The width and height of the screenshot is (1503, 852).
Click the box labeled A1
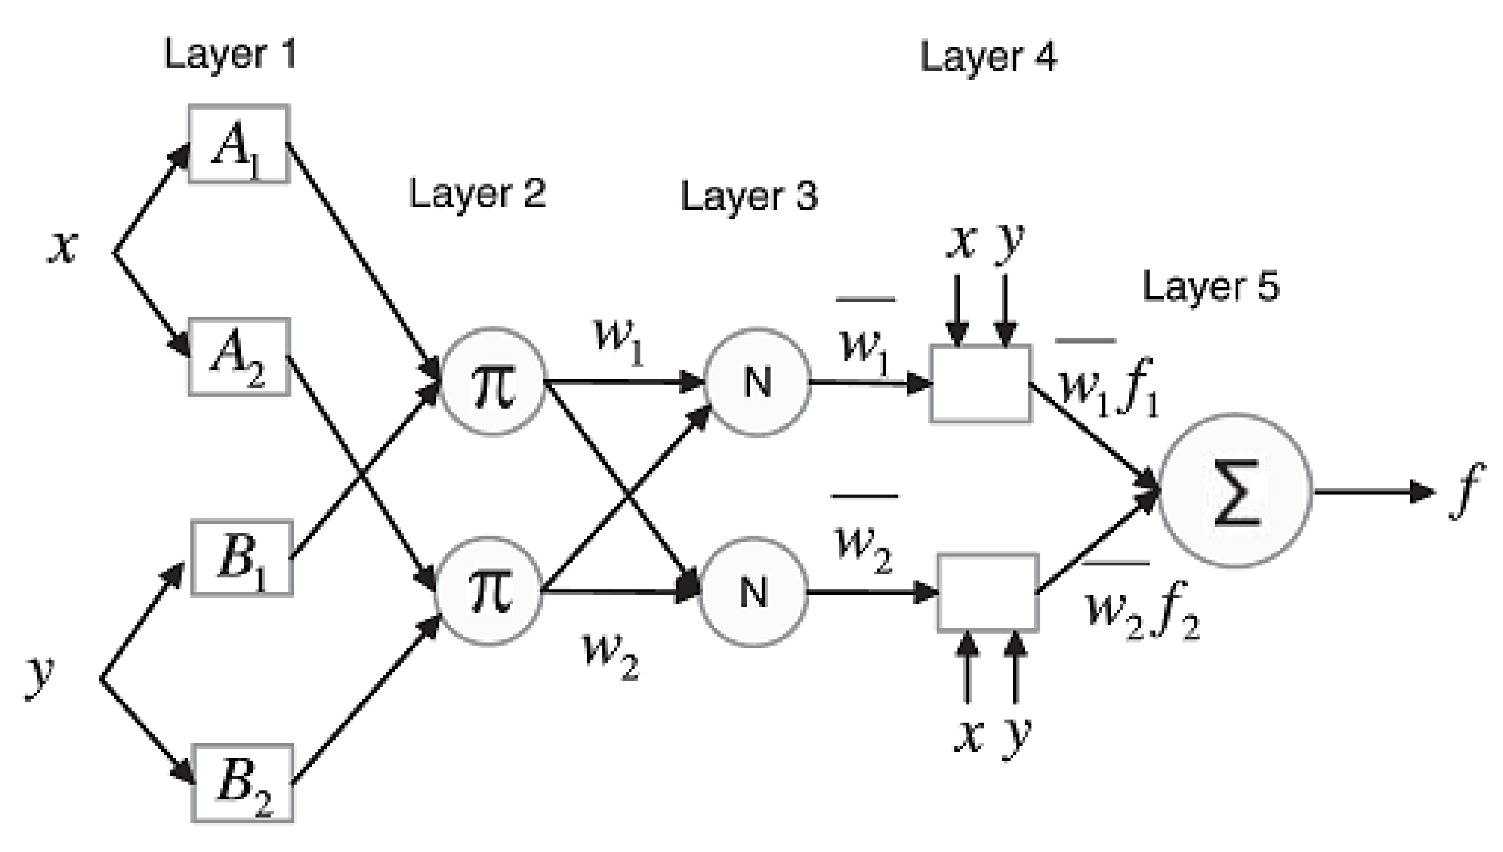239,144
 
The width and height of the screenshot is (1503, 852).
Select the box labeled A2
239,357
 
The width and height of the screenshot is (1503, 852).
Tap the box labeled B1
242,558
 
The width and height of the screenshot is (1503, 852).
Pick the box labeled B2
242,783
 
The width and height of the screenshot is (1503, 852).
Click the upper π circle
492,382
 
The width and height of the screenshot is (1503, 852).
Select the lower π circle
489,591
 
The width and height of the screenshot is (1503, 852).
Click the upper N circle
757,382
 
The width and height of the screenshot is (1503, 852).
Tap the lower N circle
753,591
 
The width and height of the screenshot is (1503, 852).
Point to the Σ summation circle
1235,490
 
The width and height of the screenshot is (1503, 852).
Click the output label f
1466,490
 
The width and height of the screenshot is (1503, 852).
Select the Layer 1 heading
231,54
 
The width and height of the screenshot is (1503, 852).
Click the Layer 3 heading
748,196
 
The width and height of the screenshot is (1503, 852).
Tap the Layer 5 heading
1210,287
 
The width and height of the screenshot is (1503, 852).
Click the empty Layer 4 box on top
981,383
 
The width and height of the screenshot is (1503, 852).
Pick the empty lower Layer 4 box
988,592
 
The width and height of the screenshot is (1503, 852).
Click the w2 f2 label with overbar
1141,608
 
